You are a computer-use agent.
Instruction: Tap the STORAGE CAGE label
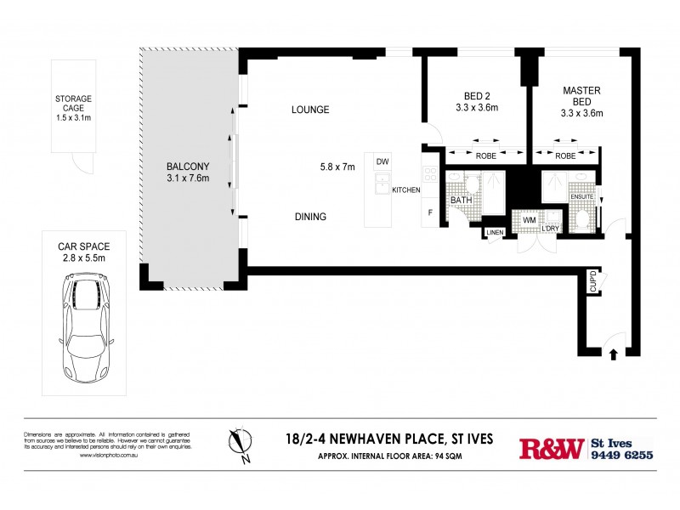click(x=73, y=105)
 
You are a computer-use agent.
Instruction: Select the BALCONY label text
click(x=188, y=172)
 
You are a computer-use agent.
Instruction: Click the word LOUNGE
click(x=309, y=110)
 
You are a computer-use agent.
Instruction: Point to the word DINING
click(x=309, y=217)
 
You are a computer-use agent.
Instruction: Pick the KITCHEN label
click(x=405, y=190)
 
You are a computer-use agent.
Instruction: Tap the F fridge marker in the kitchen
click(x=431, y=212)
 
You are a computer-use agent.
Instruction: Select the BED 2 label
click(x=476, y=102)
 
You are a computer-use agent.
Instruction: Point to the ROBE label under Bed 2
click(x=485, y=156)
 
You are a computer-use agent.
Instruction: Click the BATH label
click(x=461, y=200)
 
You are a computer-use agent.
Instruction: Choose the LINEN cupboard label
click(x=495, y=232)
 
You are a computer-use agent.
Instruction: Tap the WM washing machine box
click(x=530, y=220)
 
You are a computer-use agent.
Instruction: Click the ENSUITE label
click(x=581, y=196)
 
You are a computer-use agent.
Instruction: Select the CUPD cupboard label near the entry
click(x=592, y=281)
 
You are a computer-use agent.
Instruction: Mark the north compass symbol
click(x=239, y=443)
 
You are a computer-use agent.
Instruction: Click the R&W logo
click(x=551, y=448)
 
